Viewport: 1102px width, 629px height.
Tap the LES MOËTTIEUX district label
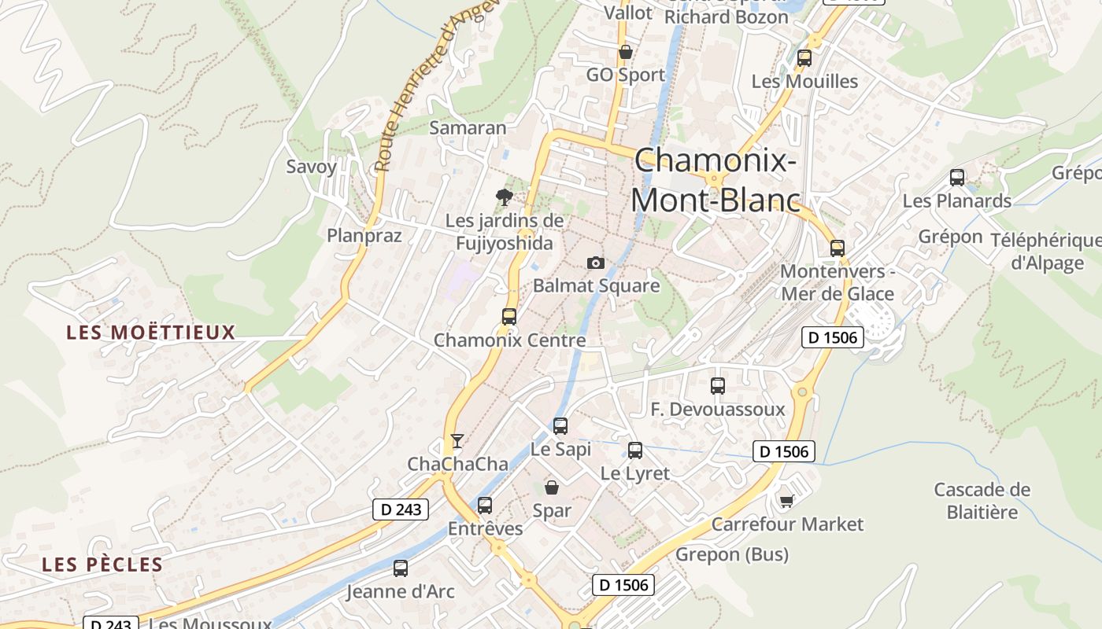pos(151,333)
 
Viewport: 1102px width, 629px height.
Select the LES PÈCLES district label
pos(102,565)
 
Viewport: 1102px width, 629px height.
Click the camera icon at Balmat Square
pos(596,263)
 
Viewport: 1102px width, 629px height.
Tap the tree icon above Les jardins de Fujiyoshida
pos(504,197)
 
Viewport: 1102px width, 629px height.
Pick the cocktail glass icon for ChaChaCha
pos(457,440)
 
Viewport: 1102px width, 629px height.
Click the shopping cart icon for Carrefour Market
pos(786,501)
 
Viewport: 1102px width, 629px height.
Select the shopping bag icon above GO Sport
pos(626,53)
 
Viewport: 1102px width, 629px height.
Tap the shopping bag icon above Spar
pos(552,487)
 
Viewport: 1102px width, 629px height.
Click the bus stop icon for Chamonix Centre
pos(509,317)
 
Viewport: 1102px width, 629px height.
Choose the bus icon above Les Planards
pos(957,178)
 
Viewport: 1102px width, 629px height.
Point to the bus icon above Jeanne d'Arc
pos(401,568)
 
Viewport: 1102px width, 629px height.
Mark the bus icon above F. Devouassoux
pos(718,386)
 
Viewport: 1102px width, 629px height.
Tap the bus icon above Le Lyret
pos(635,451)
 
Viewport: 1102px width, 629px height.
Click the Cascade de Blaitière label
pos(982,501)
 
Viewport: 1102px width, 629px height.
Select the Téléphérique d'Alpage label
pos(1047,252)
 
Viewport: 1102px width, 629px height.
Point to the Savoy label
pos(311,167)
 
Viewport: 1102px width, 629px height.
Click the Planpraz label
pos(364,236)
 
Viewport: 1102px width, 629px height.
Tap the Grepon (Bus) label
pos(732,554)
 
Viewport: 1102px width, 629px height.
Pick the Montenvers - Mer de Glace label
pos(838,283)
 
